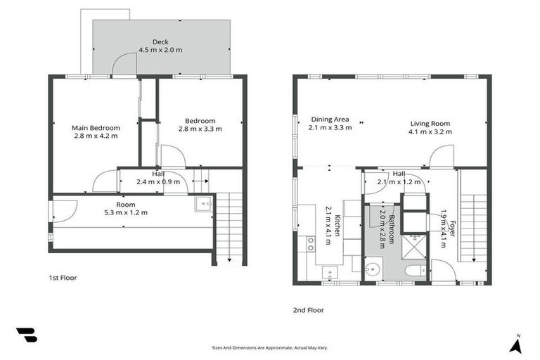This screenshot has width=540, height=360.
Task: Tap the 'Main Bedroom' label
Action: coord(96,128)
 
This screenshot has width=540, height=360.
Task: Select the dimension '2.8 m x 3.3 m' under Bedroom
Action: coord(200,129)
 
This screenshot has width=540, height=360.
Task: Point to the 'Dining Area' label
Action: coord(330,120)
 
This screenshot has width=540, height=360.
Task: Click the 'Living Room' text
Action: coord(431,123)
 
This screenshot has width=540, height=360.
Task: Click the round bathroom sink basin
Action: coord(373,269)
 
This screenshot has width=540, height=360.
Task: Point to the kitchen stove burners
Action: coord(310,244)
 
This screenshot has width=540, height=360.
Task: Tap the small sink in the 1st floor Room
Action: coord(204,205)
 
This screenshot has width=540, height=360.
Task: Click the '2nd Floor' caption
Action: coord(309,309)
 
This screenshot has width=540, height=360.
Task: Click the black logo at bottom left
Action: coord(26,335)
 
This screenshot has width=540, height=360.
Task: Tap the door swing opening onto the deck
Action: coord(124,65)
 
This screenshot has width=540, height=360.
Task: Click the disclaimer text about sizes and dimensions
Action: coord(270,347)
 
